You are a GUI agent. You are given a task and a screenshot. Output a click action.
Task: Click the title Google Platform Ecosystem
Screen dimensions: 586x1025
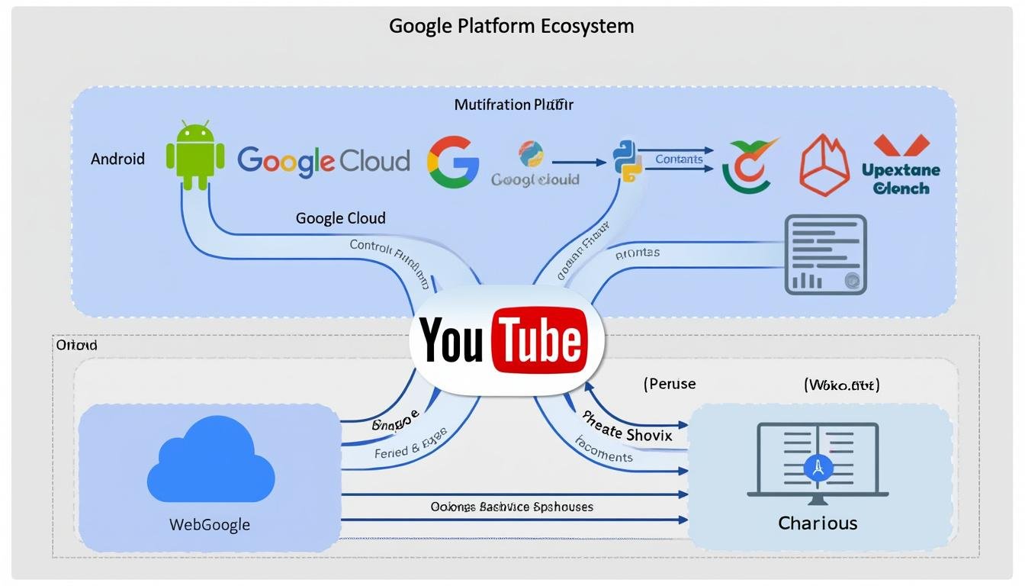(511, 26)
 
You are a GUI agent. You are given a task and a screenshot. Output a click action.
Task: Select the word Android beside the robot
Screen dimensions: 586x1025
(117, 159)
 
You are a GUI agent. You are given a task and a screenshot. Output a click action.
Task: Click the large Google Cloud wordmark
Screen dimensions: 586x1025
(323, 160)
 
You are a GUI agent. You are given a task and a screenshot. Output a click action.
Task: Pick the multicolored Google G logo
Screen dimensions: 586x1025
(453, 162)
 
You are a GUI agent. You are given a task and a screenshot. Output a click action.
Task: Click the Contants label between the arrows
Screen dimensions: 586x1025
(678, 159)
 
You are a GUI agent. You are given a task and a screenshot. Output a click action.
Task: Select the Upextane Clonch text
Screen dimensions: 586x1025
(901, 179)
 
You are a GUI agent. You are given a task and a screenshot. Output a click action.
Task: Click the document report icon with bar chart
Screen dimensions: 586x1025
(826, 255)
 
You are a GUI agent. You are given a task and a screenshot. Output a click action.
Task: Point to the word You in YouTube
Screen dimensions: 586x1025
(451, 340)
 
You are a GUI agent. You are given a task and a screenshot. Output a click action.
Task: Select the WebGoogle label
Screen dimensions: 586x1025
(209, 525)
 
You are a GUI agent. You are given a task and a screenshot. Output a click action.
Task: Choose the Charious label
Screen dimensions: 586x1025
(818, 523)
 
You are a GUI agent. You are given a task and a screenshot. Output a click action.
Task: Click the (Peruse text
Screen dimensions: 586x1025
(670, 384)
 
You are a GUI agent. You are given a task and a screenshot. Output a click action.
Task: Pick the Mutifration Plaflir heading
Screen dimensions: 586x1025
(513, 105)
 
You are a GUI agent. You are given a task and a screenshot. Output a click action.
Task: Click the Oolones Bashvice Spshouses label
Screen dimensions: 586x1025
(512, 507)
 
